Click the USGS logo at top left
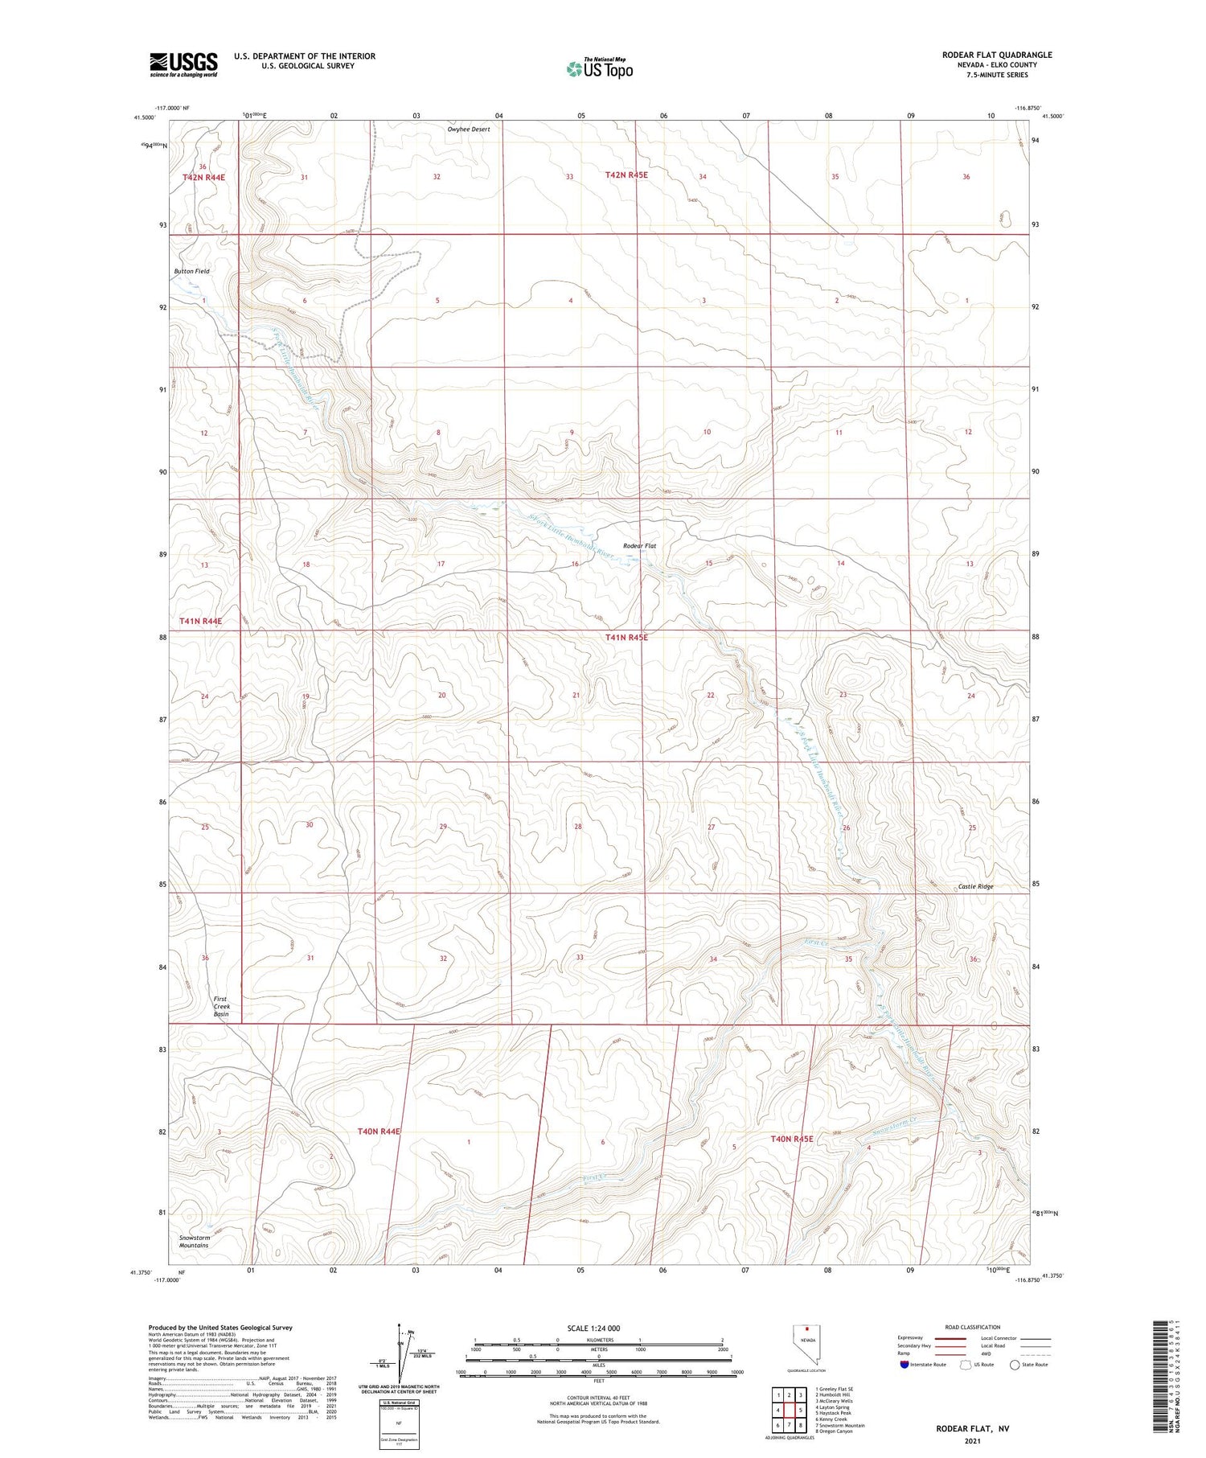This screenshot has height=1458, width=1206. point(183,64)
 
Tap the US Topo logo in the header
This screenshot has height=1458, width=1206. point(599,68)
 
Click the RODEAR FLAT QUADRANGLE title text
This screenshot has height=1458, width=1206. point(997,55)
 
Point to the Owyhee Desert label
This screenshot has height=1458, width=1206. point(468,129)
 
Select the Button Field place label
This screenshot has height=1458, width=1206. point(191,271)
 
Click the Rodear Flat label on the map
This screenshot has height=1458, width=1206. point(639,546)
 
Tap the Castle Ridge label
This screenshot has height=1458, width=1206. point(975,886)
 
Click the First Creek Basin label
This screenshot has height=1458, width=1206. point(221,1006)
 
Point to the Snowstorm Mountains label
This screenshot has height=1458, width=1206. point(194,1241)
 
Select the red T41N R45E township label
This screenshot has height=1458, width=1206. point(626,637)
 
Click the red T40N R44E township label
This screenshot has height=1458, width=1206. point(379,1131)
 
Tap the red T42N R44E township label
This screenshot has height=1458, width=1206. point(203,177)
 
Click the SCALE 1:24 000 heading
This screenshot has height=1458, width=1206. point(593,1328)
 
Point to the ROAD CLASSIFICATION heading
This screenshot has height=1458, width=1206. point(973,1327)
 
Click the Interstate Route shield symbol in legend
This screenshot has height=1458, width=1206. point(904,1364)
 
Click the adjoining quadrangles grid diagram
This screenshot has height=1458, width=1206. point(790,1410)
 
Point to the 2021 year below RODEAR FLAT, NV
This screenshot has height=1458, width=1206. point(972,1441)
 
